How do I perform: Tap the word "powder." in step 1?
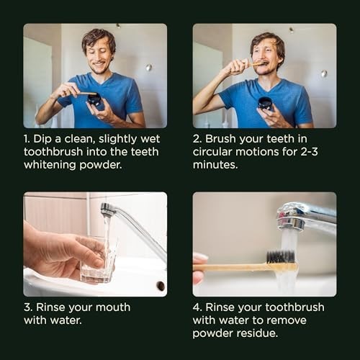[101, 165]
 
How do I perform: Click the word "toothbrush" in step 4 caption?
[294, 307]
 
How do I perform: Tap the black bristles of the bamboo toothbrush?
[281, 257]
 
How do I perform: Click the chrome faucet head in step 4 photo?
[291, 216]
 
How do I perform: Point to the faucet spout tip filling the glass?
[106, 209]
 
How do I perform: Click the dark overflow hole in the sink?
[161, 286]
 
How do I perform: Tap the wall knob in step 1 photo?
[149, 68]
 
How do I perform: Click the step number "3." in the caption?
[28, 307]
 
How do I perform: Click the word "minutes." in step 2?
[215, 165]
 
